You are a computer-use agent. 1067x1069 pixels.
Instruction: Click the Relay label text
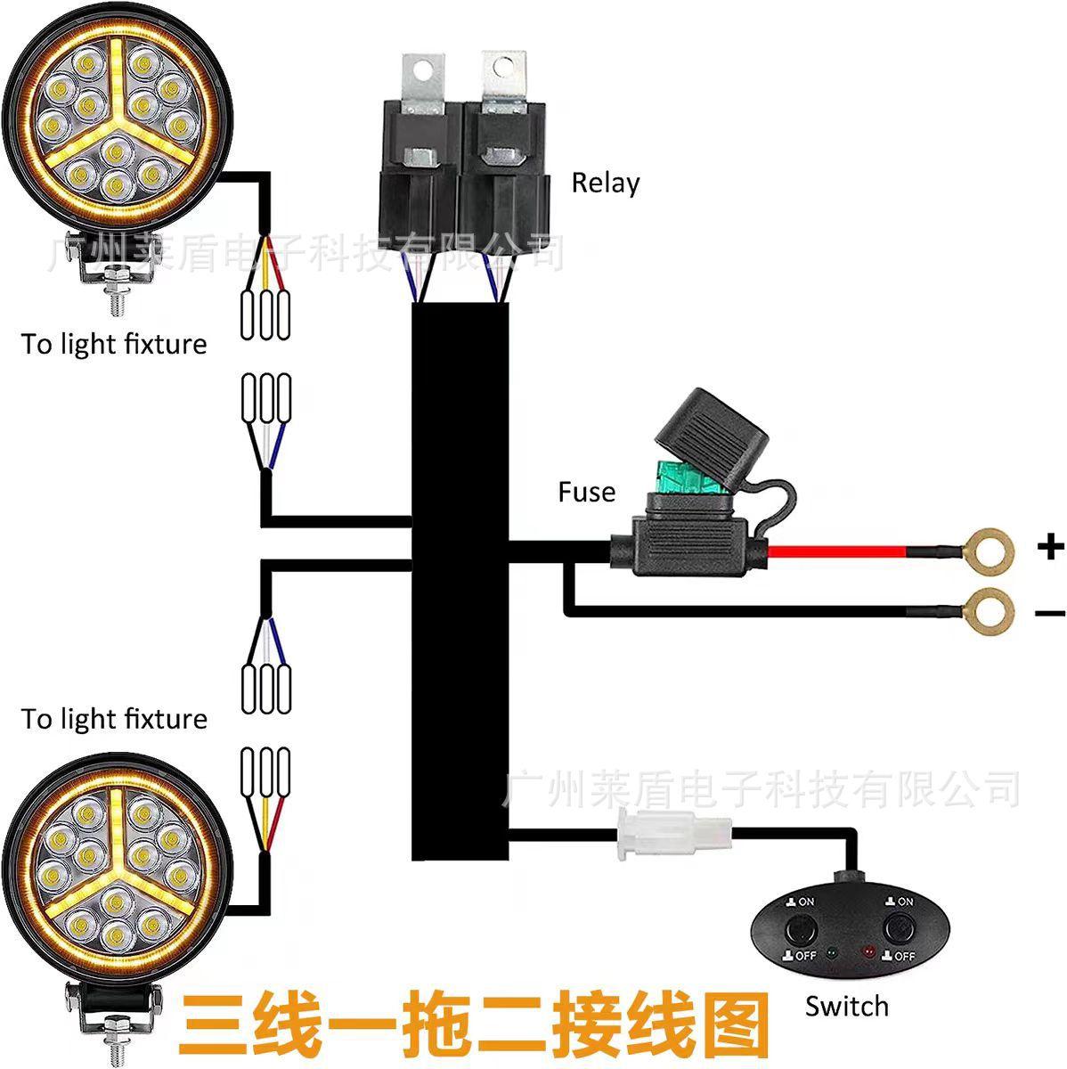click(x=605, y=183)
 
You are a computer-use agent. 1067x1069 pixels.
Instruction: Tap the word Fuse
click(x=586, y=492)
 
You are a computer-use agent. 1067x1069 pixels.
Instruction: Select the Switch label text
click(x=846, y=1006)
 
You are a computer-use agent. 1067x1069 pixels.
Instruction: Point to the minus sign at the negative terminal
click(x=1050, y=612)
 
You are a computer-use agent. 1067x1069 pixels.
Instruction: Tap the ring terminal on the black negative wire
click(x=989, y=610)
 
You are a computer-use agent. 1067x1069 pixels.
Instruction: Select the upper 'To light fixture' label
click(x=114, y=344)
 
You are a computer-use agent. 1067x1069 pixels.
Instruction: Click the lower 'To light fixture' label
click(x=114, y=718)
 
